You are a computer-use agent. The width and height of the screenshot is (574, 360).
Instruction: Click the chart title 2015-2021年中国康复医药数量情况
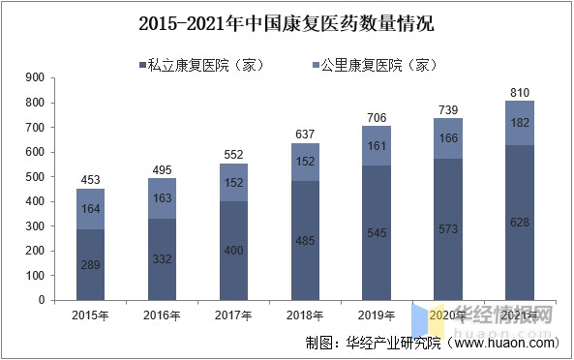point(287,21)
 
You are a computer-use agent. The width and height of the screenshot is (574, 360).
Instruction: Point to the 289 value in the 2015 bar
point(91,264)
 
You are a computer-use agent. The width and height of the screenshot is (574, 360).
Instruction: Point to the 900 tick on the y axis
point(36,77)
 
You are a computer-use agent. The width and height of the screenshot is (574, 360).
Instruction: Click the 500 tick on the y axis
point(36,177)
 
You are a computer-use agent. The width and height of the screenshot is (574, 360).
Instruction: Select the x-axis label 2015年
point(91,315)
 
